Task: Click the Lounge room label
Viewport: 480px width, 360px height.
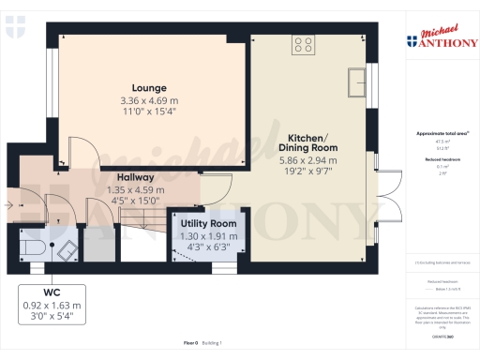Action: (148, 87)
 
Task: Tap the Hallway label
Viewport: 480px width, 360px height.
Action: (135, 177)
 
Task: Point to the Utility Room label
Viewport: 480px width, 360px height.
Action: (208, 224)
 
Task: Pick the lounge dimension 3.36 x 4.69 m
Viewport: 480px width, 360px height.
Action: (148, 100)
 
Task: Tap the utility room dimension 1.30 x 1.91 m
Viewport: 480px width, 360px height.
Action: (208, 236)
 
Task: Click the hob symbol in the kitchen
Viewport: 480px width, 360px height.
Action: (305, 42)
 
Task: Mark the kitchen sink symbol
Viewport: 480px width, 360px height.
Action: (356, 82)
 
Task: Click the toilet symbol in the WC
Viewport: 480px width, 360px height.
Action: (32, 248)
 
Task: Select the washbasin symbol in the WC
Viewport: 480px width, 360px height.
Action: (67, 249)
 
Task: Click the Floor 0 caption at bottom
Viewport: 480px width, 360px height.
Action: (191, 344)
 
